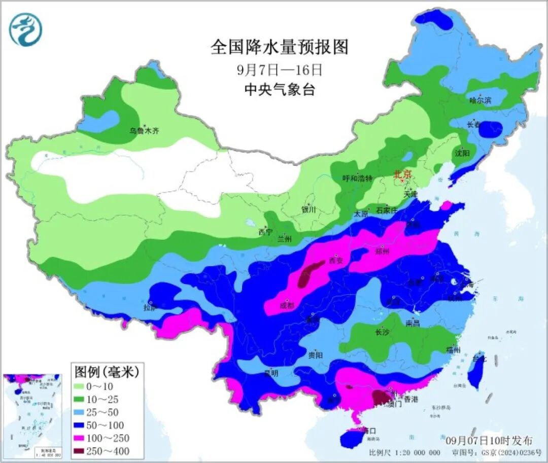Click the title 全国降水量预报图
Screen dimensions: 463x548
tap(280, 48)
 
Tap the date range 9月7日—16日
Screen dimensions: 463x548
tap(280, 69)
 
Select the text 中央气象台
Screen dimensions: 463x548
tap(280, 90)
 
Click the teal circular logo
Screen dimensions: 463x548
tap(25, 29)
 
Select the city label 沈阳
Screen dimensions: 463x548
tap(462, 153)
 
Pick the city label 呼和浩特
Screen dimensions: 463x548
tap(357, 179)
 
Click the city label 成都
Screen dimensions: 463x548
tap(287, 306)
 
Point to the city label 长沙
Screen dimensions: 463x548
tap(382, 333)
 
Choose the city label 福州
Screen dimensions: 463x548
tap(453, 350)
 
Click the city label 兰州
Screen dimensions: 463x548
tap(285, 239)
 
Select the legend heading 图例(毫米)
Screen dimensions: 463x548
tap(106, 372)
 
